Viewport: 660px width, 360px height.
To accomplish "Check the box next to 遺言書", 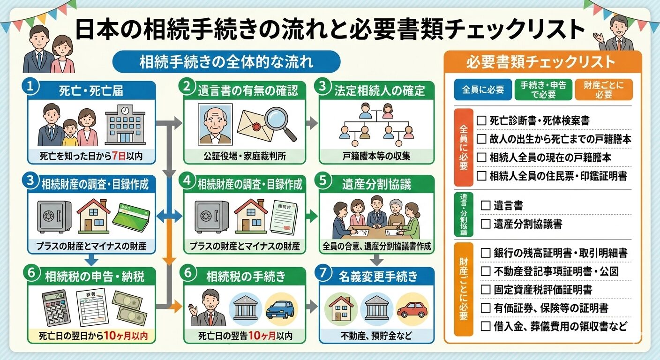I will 486,205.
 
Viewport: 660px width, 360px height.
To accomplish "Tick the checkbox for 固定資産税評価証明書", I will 486,289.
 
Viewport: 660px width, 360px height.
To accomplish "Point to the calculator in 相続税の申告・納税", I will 56,307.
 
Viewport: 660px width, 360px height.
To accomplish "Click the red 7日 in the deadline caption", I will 118,157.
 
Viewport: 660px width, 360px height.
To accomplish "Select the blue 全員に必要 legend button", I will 483,90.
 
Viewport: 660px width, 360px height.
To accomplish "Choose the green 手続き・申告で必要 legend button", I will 543,90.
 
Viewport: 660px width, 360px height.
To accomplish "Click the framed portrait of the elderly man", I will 215,124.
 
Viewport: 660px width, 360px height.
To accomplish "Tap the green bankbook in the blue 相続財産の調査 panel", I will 131,217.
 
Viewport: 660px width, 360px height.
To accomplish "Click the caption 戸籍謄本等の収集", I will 376,157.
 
